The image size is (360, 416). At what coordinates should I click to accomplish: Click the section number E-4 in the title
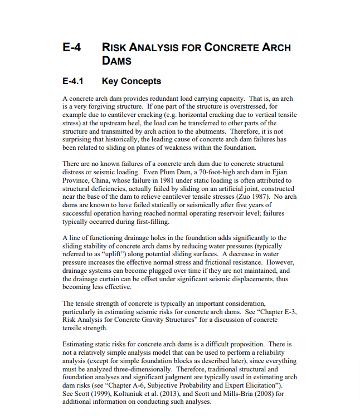point(71,48)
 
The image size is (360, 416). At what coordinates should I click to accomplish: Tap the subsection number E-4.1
point(72,81)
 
